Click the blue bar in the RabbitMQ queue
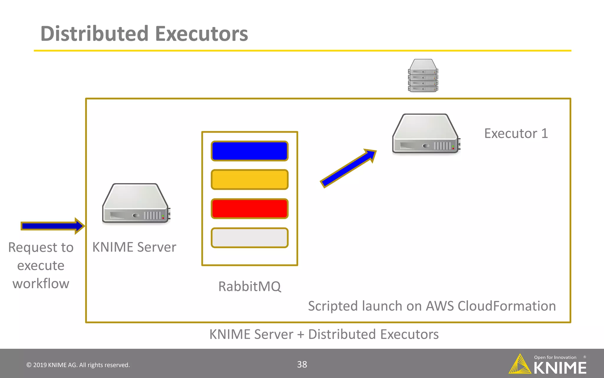click(x=250, y=151)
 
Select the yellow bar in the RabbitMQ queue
click(x=250, y=179)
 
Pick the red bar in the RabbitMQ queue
click(x=250, y=208)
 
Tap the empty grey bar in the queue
click(x=250, y=237)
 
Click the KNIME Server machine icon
click(x=135, y=204)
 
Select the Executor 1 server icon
click(x=426, y=134)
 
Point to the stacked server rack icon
click(x=423, y=76)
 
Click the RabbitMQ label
click(x=250, y=286)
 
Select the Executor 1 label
click(x=516, y=133)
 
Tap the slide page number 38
click(x=302, y=364)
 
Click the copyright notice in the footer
click(x=78, y=365)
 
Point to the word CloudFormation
click(x=506, y=306)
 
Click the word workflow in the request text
click(x=41, y=283)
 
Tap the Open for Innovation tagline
click(x=555, y=357)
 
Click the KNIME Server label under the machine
click(x=134, y=247)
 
